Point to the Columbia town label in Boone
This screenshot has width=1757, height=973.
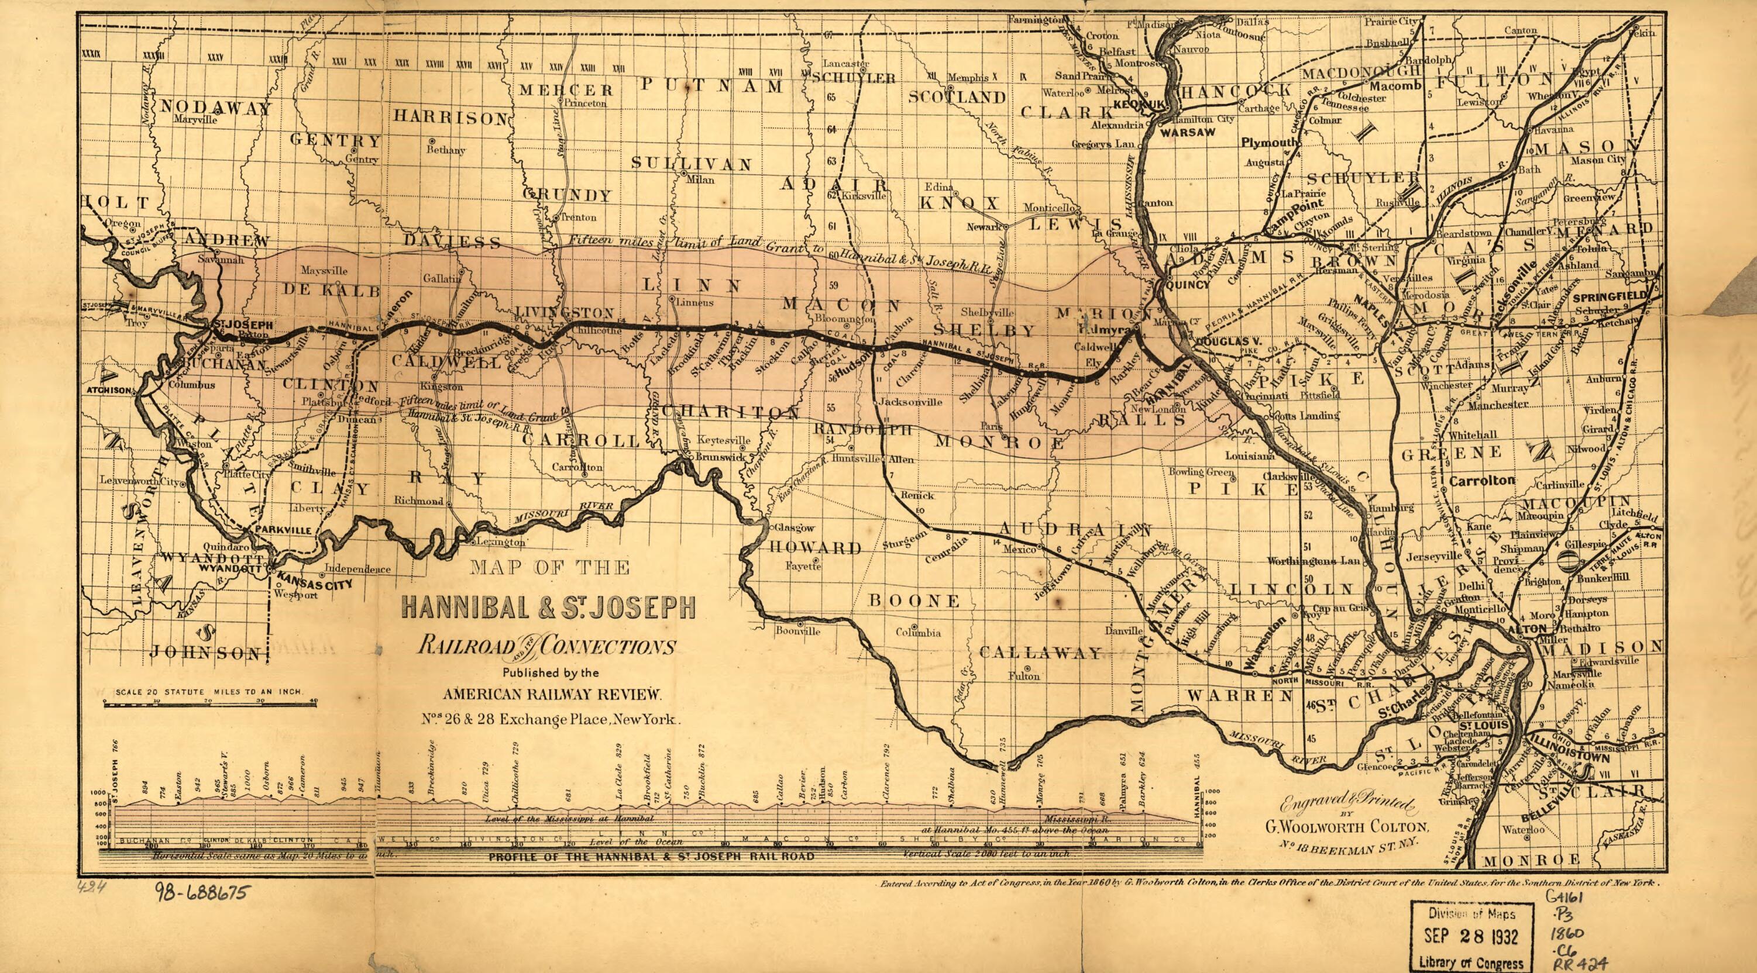tap(918, 632)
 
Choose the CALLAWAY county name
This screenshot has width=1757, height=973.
tap(1040, 653)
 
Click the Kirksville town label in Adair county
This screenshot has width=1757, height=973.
tap(864, 195)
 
